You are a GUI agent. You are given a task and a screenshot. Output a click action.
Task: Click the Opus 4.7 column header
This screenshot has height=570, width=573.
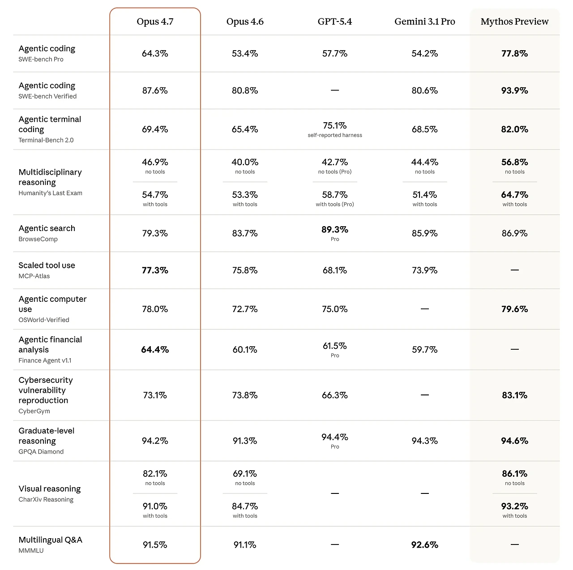click(x=155, y=21)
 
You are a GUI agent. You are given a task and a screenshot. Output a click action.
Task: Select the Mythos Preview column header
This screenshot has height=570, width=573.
click(x=514, y=21)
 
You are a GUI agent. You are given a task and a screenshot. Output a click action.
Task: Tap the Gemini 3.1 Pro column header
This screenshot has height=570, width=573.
click(x=424, y=21)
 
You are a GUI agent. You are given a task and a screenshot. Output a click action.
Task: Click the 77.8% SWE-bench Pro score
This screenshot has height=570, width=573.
click(x=514, y=54)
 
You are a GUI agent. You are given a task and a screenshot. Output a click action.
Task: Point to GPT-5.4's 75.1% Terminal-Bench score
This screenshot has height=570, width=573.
click(x=335, y=126)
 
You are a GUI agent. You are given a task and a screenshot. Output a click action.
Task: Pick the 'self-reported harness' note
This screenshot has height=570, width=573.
click(x=335, y=135)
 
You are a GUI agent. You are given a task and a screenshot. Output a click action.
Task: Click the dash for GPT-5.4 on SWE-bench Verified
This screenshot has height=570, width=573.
click(x=335, y=90)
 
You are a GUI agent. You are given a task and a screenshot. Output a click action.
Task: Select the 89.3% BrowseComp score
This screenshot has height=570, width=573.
click(x=335, y=230)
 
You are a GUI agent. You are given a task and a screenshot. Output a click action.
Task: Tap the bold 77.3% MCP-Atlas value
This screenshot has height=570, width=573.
click(x=155, y=270)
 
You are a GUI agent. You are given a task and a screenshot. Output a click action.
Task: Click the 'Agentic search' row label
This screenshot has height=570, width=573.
click(x=47, y=228)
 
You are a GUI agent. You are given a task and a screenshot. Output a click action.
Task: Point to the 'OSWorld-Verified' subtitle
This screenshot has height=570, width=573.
click(x=44, y=320)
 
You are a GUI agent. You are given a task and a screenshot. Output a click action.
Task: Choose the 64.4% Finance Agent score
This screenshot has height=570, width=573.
click(x=155, y=350)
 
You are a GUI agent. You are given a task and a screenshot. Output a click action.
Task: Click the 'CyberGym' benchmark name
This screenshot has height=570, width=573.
click(x=34, y=411)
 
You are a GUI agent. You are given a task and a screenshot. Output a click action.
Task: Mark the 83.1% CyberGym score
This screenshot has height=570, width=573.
click(x=514, y=395)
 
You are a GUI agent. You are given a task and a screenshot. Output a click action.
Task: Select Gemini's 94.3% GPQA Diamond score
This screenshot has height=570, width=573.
click(x=424, y=441)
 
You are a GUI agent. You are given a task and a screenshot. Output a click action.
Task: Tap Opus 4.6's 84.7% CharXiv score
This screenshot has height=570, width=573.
click(x=245, y=506)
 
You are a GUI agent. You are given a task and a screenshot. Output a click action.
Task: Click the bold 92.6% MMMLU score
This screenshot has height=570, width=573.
click(x=424, y=545)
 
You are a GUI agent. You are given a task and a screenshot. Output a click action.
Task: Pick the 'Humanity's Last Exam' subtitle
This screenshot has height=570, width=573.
click(x=51, y=193)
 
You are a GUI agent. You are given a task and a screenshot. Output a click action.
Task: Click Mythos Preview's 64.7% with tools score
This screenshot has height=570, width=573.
click(x=514, y=195)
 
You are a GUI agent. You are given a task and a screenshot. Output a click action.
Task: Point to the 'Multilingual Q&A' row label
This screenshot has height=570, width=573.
click(x=51, y=540)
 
